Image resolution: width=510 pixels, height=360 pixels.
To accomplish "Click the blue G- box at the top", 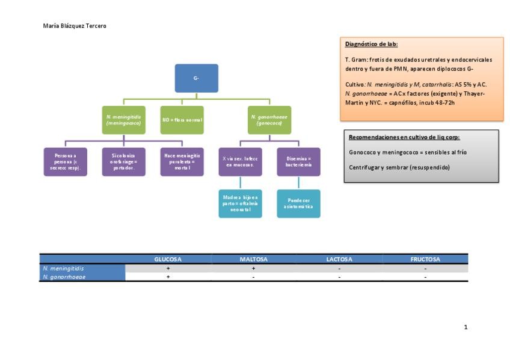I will tap(196, 78).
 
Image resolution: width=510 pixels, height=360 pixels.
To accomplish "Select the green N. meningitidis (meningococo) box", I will tap(123, 120).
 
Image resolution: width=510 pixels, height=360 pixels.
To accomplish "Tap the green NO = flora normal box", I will tap(182, 120).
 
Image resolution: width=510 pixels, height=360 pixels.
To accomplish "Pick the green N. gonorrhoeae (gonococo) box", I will tap(269, 120).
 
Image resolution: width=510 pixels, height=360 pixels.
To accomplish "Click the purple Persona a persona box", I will tap(65, 162).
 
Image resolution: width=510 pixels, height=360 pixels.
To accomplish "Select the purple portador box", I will tap(123, 162).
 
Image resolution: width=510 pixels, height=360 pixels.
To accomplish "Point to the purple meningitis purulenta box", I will tap(182, 162).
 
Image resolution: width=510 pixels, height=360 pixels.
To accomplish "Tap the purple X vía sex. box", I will tap(240, 162).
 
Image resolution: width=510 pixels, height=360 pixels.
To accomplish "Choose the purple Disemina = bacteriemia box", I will tap(298, 162).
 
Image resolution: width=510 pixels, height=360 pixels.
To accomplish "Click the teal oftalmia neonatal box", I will tap(240, 204).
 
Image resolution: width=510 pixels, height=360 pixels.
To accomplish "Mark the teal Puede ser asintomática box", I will tap(298, 204).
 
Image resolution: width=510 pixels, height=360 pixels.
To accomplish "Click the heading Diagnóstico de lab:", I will tap(371, 44).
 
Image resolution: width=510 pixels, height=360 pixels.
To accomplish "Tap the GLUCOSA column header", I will tap(168, 260).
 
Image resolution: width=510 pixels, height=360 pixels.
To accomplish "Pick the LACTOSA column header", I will tap(339, 260).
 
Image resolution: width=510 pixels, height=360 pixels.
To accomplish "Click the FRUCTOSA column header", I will tap(425, 260).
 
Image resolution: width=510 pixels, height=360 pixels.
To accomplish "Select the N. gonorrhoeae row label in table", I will tap(64, 277).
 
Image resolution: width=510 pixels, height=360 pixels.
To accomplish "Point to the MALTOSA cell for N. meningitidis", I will tap(253, 268).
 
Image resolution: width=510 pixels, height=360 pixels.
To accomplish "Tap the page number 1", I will tap(465, 328).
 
